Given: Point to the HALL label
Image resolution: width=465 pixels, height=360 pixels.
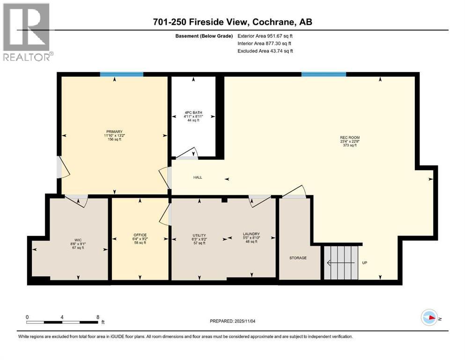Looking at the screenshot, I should pyautogui.click(x=198, y=178).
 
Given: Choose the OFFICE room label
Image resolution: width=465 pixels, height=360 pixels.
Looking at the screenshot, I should pyautogui.click(x=140, y=235).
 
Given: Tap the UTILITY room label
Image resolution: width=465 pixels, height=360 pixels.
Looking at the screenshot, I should pyautogui.click(x=199, y=235).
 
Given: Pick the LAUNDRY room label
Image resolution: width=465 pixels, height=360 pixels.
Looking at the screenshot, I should pyautogui.click(x=251, y=234).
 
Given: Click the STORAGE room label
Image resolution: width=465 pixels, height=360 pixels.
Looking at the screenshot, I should pyautogui.click(x=298, y=258).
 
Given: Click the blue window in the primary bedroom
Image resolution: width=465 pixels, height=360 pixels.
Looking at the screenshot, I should pyautogui.click(x=121, y=74).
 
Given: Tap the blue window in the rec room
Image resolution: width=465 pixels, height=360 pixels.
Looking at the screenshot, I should pyautogui.click(x=324, y=74).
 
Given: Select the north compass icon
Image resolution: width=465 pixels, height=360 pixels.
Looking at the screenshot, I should pyautogui.click(x=430, y=318).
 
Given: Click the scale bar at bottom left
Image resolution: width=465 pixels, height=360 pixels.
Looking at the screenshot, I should pyautogui.click(x=63, y=322).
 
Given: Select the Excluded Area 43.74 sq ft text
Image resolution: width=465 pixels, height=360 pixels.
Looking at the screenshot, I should pyautogui.click(x=265, y=51).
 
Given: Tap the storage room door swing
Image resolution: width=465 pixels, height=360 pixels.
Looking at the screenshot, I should pyautogui.click(x=295, y=192).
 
